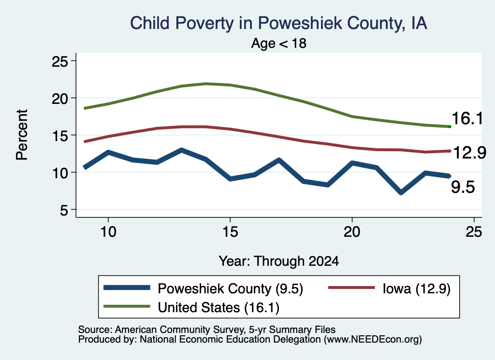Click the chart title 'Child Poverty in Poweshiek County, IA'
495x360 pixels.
coord(279,23)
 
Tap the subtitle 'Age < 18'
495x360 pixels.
coord(279,43)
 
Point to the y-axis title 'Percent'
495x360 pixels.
coord(22,135)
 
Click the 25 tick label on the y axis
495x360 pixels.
coord(59,61)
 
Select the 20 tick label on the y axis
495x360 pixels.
coord(59,99)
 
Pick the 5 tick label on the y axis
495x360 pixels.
coord(64,210)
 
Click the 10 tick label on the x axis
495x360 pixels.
coord(108,232)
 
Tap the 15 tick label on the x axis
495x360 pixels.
coord(230,232)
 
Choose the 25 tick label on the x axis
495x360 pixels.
coord(474,232)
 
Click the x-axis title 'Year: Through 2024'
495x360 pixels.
coord(279,261)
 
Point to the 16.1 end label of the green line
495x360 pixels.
coord(467,119)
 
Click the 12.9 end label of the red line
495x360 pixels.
coord(469,153)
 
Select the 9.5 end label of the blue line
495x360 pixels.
coord(463,187)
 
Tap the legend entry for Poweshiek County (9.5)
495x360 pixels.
coord(204,288)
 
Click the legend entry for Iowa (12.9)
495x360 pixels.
coord(390,288)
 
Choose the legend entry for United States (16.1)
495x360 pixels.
coord(191,307)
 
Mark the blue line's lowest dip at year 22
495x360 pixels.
coord(401,192)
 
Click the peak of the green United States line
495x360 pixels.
coord(206,84)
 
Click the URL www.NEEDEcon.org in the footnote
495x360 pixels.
coord(373,340)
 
